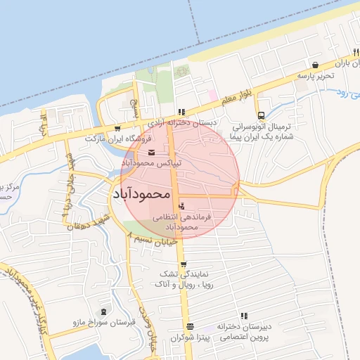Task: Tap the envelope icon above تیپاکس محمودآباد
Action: click(x=152, y=152)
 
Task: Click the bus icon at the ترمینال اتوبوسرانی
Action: click(x=261, y=115)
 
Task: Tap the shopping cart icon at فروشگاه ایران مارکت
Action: click(x=117, y=129)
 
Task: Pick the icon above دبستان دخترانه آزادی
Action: click(x=181, y=111)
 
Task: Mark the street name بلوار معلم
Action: click(x=237, y=98)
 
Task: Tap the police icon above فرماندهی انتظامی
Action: click(x=182, y=207)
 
